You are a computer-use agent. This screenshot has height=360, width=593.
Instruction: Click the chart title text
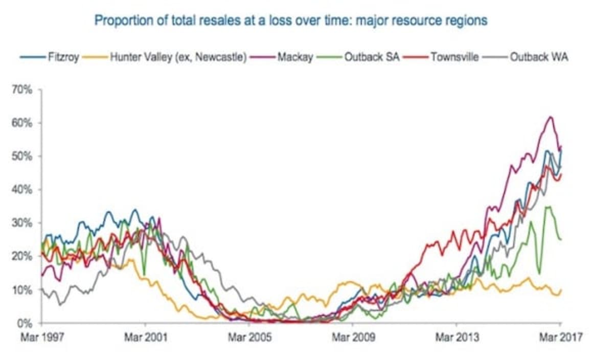point(291,21)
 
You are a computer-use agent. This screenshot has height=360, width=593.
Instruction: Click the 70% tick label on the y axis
point(23,89)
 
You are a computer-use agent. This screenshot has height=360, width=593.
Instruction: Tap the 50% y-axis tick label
point(23,156)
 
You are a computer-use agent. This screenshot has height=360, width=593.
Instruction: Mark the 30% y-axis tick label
point(23,223)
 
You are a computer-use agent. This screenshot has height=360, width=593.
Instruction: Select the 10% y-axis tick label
point(23,290)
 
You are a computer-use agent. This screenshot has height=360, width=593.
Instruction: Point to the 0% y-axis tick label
point(25,323)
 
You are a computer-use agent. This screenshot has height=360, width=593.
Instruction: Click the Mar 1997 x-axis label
point(42,337)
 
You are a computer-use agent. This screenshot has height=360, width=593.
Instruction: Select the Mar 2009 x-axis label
point(353,337)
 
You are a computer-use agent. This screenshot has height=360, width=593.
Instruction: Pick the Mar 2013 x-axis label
point(457,337)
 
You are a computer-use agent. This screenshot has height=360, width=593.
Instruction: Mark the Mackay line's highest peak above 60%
point(550,117)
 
